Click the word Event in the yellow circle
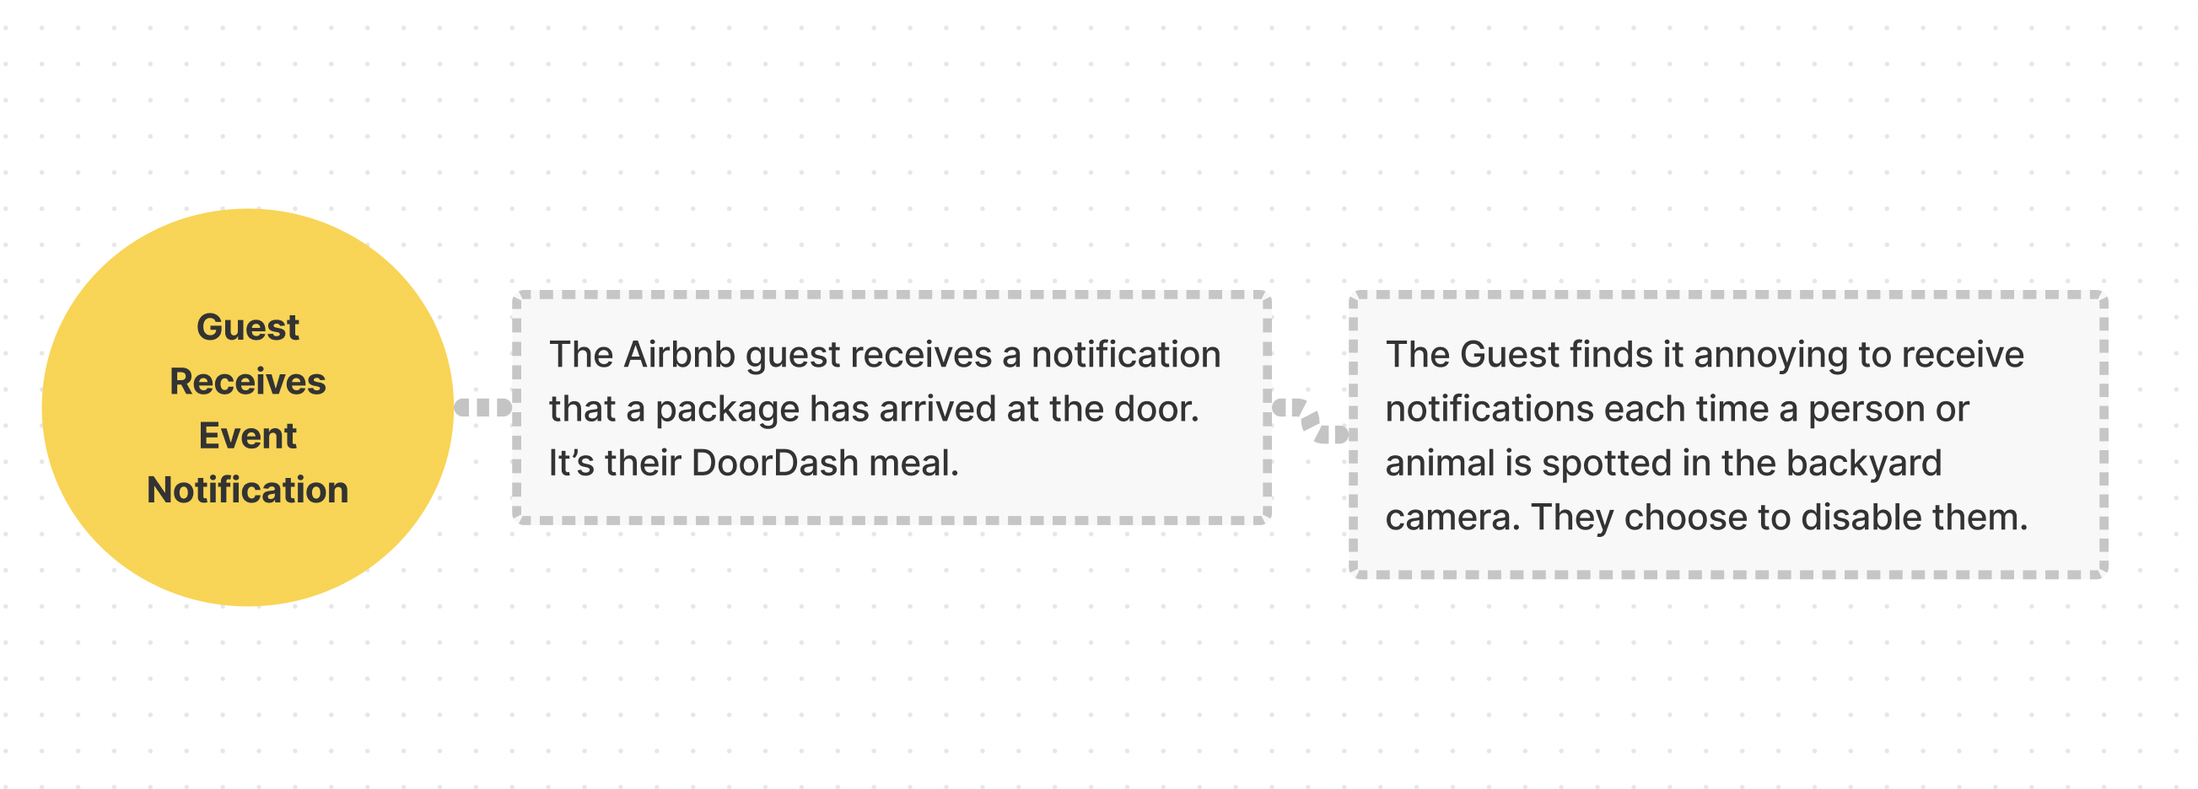click(247, 436)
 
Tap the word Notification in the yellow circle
click(247, 491)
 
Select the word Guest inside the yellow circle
click(247, 328)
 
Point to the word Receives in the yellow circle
click(247, 382)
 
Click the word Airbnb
click(679, 355)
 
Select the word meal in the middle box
click(913, 463)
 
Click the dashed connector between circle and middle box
click(483, 408)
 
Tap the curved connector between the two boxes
click(1311, 421)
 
